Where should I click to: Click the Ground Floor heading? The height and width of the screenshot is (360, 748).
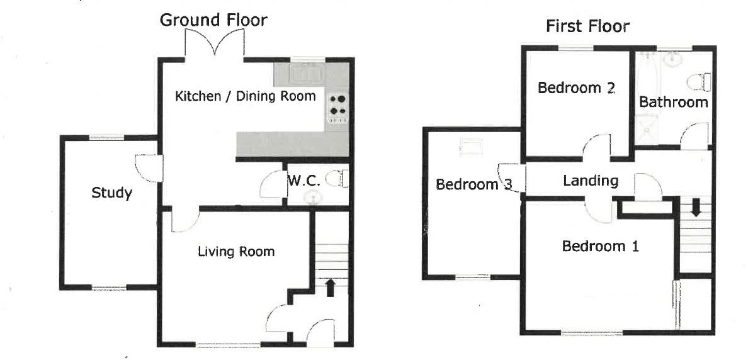point(213,20)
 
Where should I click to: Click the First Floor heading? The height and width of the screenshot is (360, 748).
point(587,26)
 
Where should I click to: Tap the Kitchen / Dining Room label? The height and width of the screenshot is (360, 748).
point(245,96)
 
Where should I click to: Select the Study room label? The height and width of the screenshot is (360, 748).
point(111,193)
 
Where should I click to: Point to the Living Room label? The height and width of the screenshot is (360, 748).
point(236,252)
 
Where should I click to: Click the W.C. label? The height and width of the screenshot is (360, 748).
point(305,181)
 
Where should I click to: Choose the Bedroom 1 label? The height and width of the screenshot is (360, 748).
point(600,246)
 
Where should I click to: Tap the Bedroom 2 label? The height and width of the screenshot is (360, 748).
point(575,88)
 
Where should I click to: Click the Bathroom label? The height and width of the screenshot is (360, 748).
point(673,102)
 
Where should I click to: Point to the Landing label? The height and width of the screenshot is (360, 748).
point(590,181)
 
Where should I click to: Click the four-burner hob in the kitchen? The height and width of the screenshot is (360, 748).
point(337,105)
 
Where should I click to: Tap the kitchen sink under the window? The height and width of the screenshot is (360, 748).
point(307,73)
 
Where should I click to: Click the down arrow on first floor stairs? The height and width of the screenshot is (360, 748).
point(695,207)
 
